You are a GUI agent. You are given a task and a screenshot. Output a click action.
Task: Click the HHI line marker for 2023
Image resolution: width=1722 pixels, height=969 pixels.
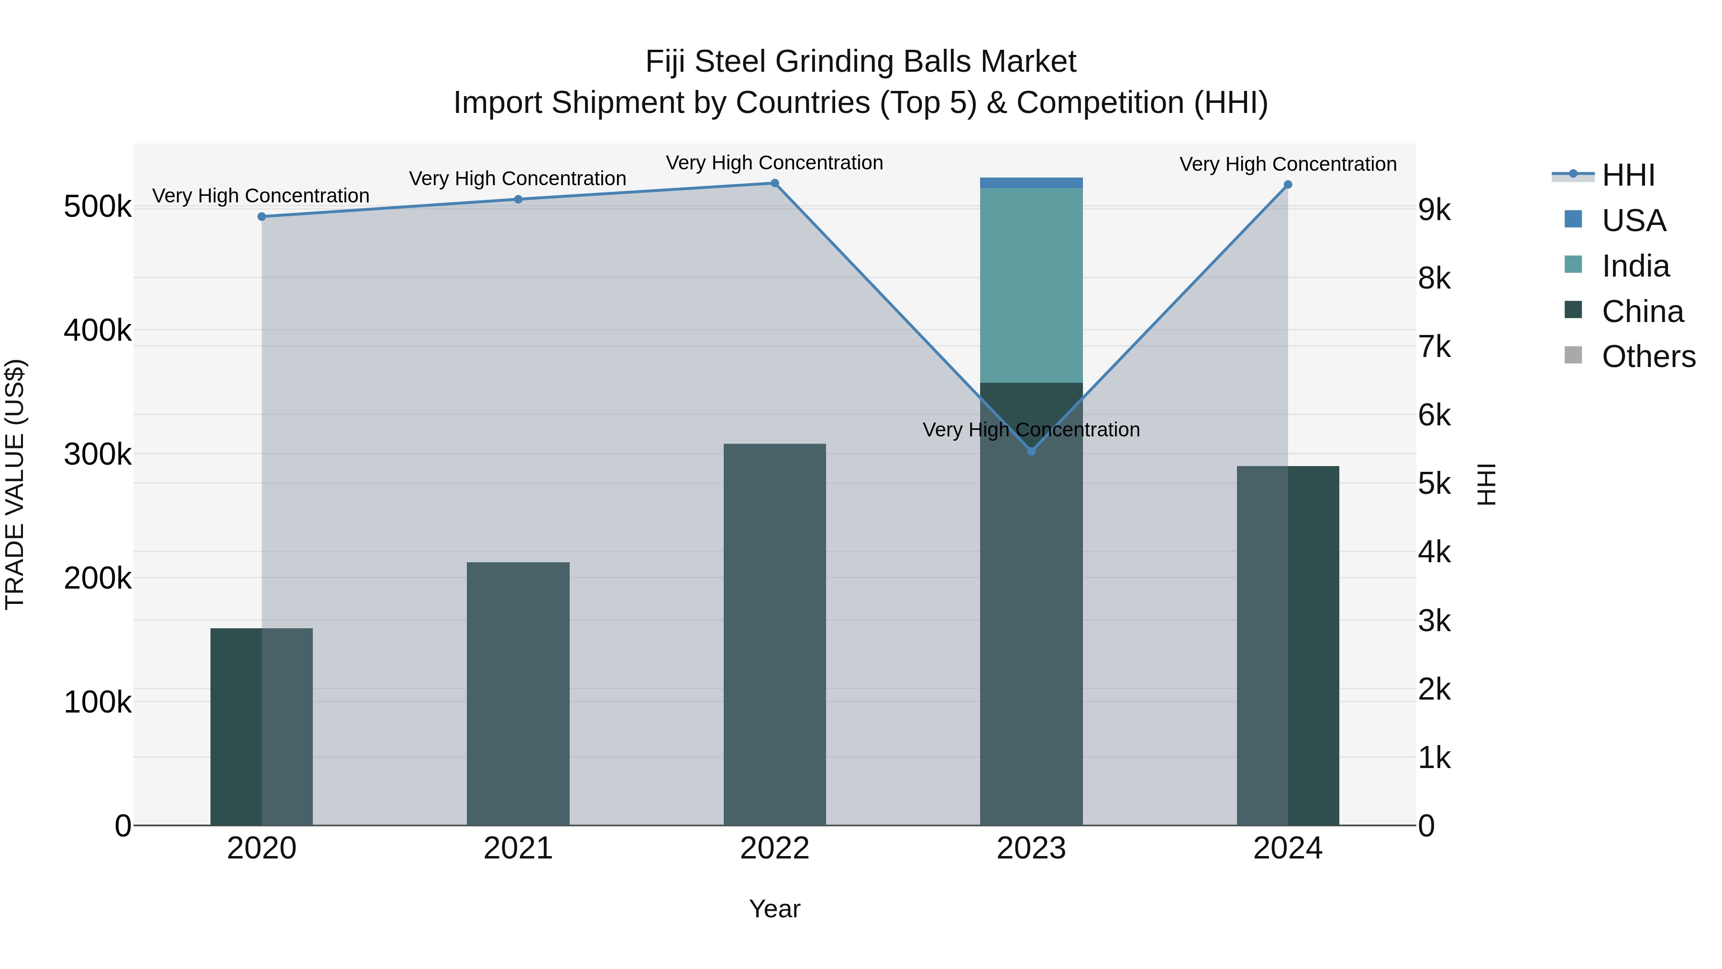(1031, 451)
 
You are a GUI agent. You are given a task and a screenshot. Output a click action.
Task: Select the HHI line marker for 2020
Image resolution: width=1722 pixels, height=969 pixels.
(261, 217)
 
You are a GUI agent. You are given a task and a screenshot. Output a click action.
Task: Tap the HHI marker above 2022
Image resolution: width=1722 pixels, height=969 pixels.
(775, 183)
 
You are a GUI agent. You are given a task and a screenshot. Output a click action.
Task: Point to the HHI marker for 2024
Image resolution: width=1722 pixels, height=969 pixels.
(1288, 185)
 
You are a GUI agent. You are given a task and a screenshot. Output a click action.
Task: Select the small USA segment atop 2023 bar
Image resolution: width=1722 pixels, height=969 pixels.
(1031, 183)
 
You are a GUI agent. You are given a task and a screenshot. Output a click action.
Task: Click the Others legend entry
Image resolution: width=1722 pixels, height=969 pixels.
(1648, 356)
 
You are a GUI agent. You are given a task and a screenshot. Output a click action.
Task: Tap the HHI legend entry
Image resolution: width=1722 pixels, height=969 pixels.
(1628, 175)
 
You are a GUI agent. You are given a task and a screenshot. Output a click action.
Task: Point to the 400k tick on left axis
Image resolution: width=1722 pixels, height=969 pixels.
(98, 330)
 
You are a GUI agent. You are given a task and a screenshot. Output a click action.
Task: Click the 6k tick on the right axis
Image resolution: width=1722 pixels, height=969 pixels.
(1435, 415)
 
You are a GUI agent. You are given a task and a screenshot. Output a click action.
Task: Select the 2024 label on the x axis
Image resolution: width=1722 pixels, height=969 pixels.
(1288, 848)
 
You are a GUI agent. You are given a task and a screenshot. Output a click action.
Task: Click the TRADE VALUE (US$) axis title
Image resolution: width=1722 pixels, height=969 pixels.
(15, 484)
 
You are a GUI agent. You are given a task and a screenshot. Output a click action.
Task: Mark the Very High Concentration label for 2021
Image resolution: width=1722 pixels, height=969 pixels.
(518, 178)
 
